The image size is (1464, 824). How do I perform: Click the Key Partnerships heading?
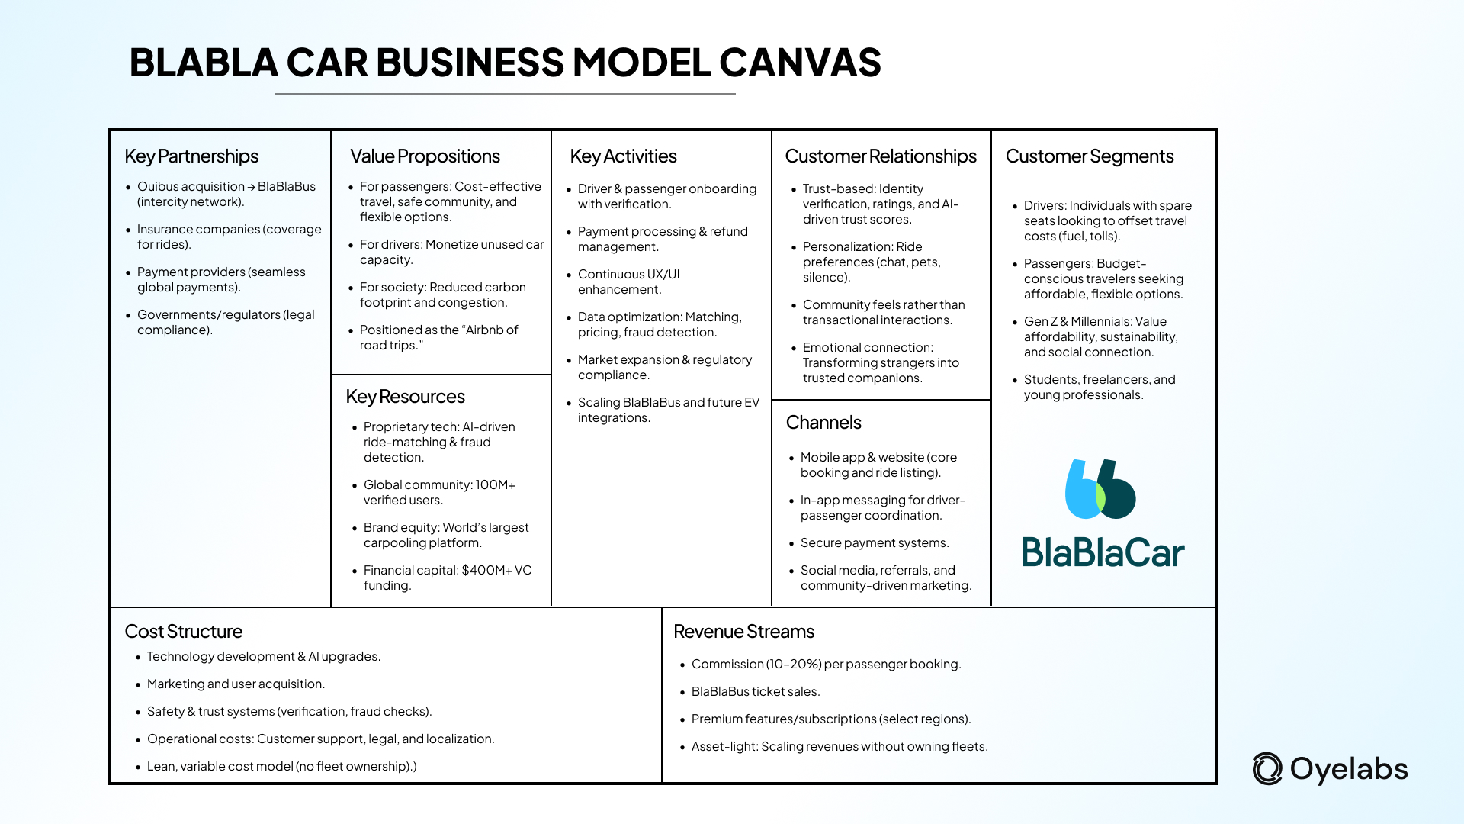tap(191, 156)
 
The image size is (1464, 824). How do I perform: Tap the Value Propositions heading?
tap(425, 156)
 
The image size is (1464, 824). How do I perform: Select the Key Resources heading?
tap(405, 397)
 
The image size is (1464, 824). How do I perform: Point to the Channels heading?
tap(823, 423)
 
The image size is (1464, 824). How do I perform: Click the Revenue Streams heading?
tap(743, 632)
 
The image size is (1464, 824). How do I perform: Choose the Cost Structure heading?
tap(183, 632)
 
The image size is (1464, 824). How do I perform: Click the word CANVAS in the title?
tap(800, 63)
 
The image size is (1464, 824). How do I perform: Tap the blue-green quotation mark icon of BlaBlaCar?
tap(1100, 489)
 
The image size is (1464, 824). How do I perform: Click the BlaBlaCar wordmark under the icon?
tap(1103, 552)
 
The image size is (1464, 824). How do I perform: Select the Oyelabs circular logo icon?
tap(1267, 769)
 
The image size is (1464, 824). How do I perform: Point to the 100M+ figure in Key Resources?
tap(495, 485)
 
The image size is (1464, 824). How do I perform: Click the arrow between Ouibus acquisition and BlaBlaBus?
tap(252, 187)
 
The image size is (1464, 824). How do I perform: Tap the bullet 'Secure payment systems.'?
tap(875, 543)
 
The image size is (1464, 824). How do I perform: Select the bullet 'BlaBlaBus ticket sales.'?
tap(755, 692)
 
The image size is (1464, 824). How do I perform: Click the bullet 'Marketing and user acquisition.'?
tap(236, 684)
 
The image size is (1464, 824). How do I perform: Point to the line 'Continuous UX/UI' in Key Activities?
tap(628, 275)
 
